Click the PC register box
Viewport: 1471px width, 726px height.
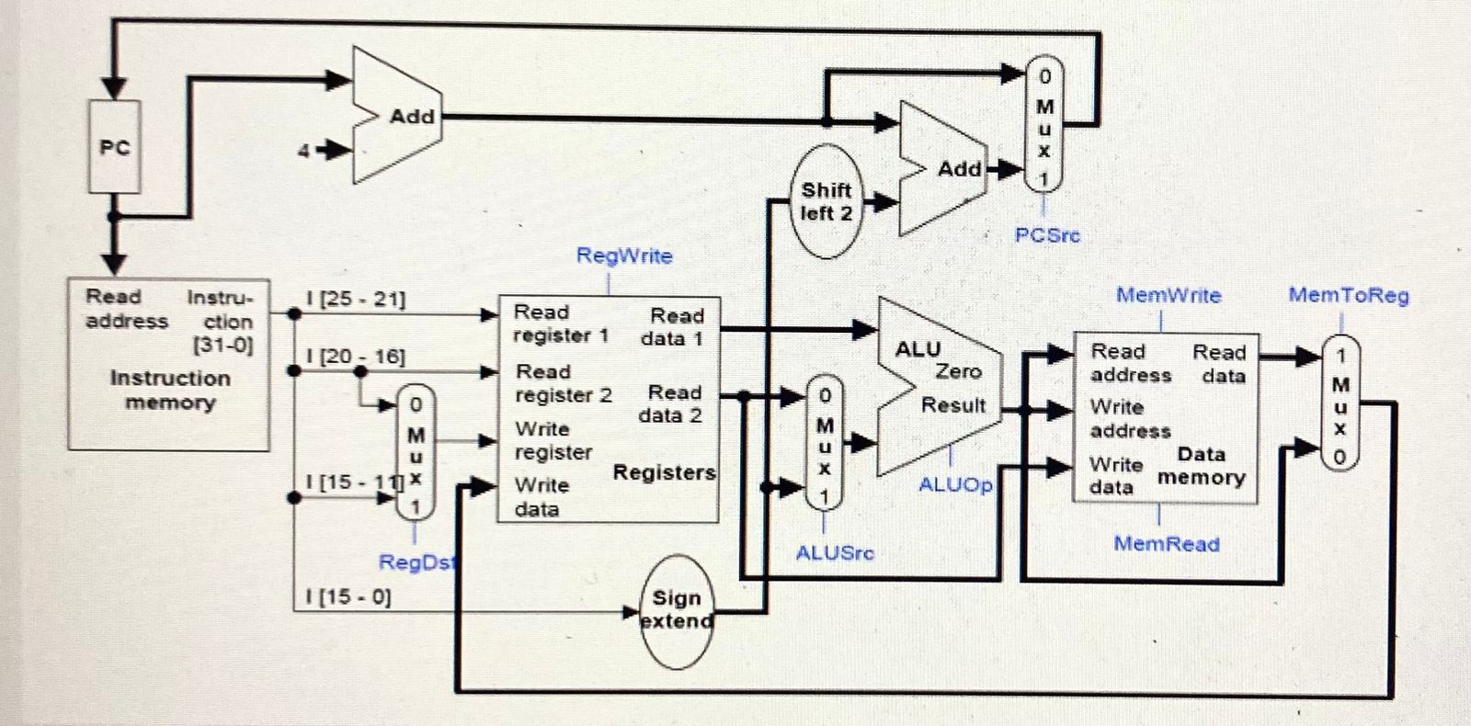(114, 146)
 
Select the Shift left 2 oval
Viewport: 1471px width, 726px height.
(827, 201)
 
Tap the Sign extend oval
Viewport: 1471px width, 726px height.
(677, 610)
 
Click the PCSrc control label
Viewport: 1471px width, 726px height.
(1046, 235)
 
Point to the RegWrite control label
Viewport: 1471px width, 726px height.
(624, 255)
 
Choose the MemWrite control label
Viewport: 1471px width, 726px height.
(1169, 295)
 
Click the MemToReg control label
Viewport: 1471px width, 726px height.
(1348, 295)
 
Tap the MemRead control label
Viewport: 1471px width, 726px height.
(1167, 543)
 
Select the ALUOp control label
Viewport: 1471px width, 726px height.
(955, 484)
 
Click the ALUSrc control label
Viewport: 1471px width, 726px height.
(835, 552)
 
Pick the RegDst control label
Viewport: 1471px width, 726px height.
(416, 562)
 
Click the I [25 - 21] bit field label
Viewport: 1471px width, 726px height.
(355, 299)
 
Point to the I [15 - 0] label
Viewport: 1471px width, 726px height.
(348, 596)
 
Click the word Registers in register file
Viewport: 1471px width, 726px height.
(664, 472)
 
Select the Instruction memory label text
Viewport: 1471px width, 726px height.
(170, 390)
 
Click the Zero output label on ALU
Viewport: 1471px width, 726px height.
(958, 371)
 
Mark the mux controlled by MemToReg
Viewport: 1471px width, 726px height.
(1340, 404)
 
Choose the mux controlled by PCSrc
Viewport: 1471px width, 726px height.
(1043, 125)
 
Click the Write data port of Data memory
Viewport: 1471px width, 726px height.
(1112, 475)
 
